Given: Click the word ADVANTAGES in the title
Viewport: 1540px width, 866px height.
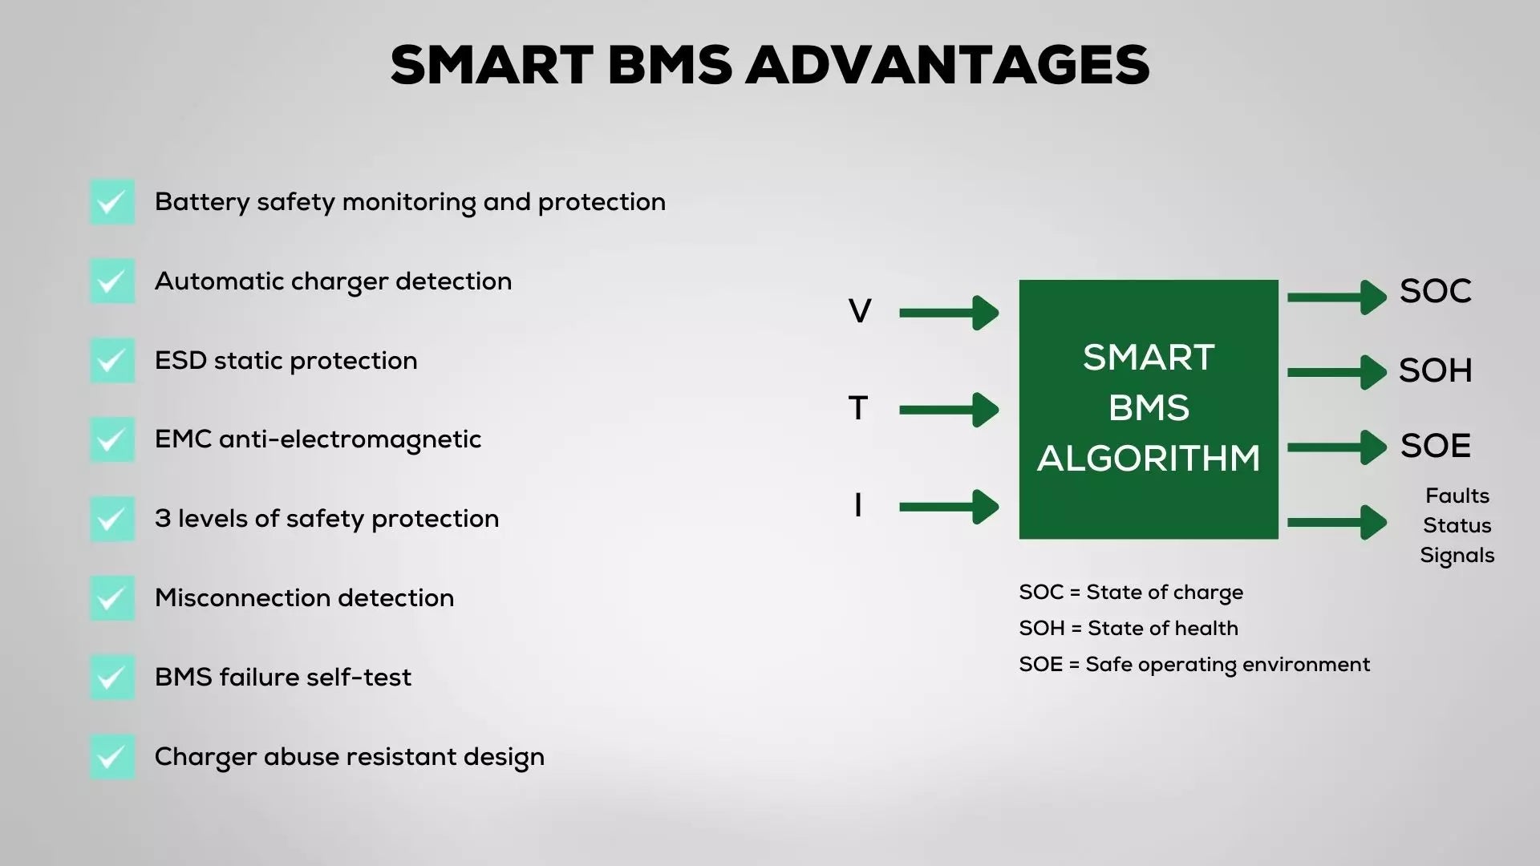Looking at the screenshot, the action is click(949, 65).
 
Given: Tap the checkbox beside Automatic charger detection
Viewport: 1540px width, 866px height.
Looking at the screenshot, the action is click(112, 281).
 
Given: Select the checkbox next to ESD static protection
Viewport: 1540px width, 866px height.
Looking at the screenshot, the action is click(112, 360).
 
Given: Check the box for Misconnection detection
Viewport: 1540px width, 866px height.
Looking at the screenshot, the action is click(112, 598).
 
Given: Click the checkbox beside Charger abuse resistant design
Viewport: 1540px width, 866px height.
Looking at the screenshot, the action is click(112, 757).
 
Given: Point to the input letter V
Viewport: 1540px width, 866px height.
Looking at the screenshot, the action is click(860, 311).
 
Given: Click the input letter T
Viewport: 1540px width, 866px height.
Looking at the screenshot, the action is click(858, 408).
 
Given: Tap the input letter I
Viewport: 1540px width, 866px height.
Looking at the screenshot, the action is click(858, 505).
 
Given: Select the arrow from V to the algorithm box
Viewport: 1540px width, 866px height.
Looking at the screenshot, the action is click(949, 313).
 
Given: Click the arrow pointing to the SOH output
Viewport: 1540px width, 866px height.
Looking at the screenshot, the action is click(1337, 372).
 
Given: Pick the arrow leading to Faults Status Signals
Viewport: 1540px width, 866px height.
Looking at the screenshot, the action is click(1337, 523).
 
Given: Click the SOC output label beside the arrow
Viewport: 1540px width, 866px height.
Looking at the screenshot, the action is click(1436, 291).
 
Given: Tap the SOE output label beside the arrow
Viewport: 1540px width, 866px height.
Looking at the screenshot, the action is click(1436, 446).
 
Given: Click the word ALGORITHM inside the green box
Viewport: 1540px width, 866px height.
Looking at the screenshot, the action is click(1149, 459).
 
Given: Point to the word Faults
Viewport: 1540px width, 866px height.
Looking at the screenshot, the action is click(1457, 496).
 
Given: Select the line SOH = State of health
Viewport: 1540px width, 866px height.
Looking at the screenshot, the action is click(1129, 628).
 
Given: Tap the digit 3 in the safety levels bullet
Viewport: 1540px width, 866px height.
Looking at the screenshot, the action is click(163, 519).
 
